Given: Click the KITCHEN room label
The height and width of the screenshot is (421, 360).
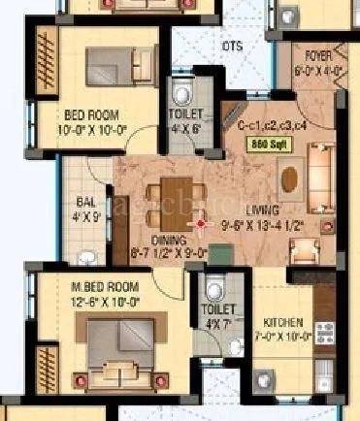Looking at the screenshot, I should point(284,322).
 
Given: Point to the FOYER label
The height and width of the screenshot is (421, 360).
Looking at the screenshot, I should point(317,55).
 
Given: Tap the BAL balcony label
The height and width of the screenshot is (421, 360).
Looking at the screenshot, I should point(85,203).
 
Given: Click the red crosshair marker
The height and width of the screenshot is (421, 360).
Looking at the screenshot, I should point(202,224).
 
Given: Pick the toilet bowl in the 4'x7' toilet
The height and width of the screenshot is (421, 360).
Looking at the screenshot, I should point(215,287).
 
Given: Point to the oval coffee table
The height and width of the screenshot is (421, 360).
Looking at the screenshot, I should point(289,177).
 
